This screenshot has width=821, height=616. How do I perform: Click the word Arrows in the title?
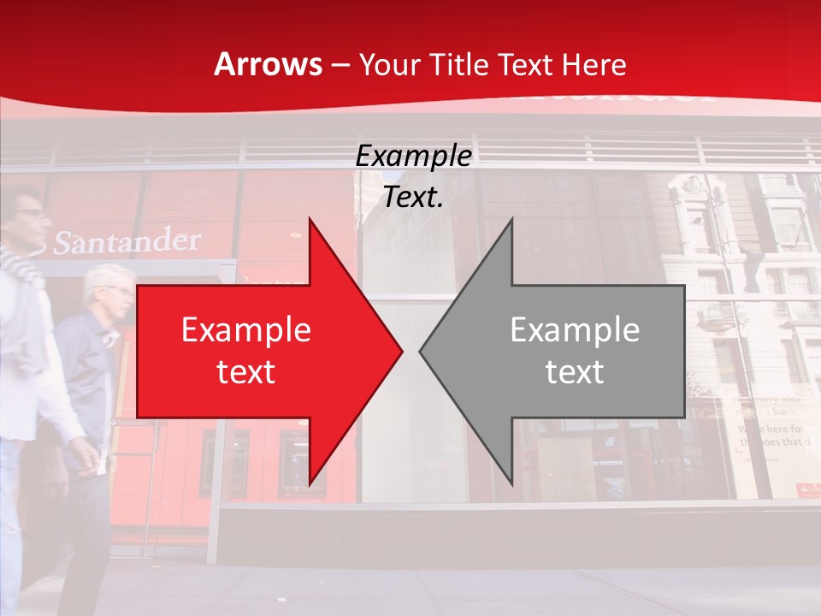coord(268,64)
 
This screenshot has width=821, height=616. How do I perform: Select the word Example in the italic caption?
coord(414,157)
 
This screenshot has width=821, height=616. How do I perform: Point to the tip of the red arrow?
coord(402,351)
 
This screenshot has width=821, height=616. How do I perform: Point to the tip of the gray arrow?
coord(420,351)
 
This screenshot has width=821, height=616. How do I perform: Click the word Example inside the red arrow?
coord(246,330)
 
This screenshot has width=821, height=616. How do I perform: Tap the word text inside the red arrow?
coord(246,372)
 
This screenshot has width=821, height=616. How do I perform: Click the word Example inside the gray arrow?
coord(575,330)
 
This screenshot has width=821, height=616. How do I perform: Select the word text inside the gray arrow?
coord(575,372)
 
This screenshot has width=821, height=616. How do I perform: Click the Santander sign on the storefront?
coord(127,242)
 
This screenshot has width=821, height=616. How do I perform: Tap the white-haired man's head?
coord(109,291)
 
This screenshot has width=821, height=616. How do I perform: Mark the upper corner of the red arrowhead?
coord(309,219)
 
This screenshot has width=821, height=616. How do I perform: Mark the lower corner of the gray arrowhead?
coord(511,484)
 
